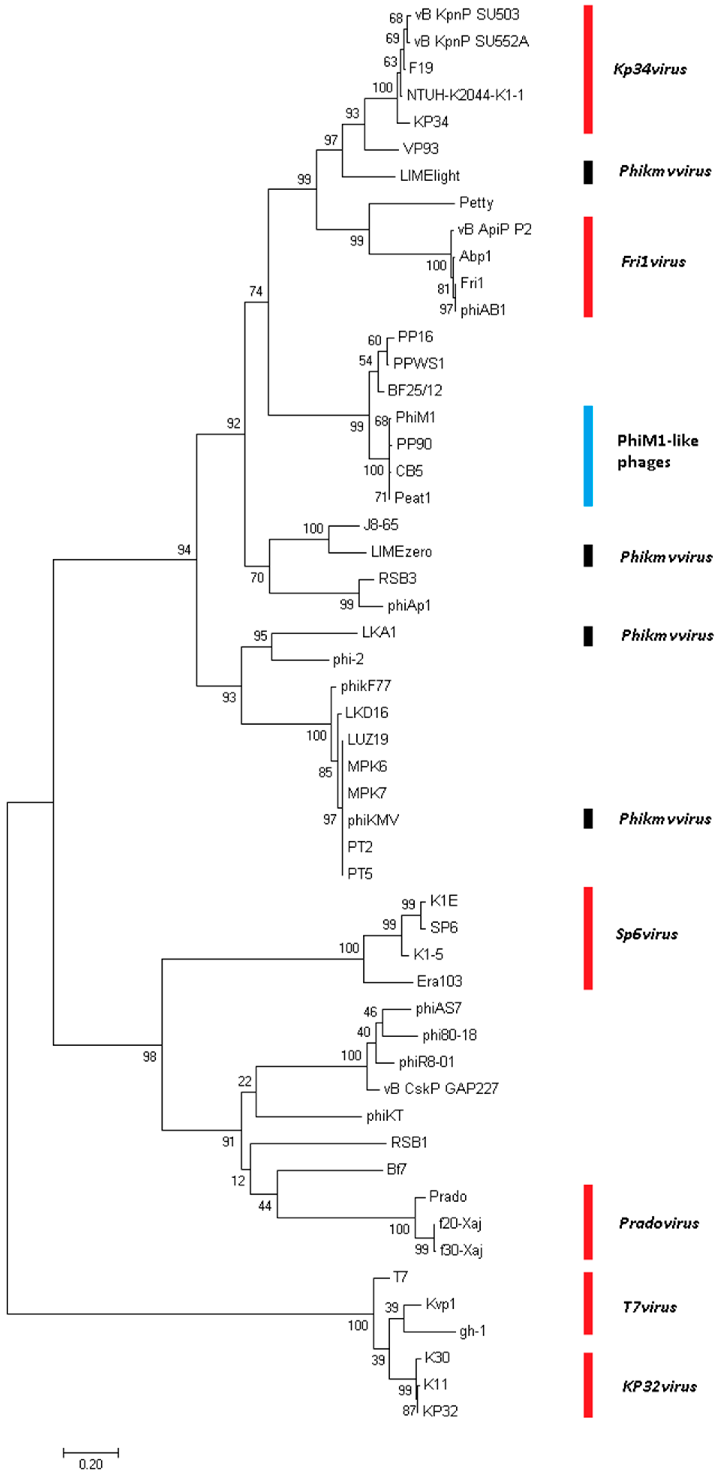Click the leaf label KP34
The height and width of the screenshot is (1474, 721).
click(x=431, y=122)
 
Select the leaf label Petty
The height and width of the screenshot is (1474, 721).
click(x=476, y=202)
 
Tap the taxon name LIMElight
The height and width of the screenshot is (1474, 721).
click(x=430, y=176)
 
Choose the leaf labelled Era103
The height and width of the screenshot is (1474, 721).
click(x=439, y=981)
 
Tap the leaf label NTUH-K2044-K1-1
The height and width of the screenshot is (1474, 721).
click(x=465, y=95)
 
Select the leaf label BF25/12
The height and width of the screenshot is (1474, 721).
click(x=415, y=390)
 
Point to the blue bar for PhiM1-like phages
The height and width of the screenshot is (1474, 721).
click(x=588, y=456)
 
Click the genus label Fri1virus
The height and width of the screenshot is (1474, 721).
click(x=653, y=262)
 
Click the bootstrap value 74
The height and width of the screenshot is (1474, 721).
click(x=256, y=291)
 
